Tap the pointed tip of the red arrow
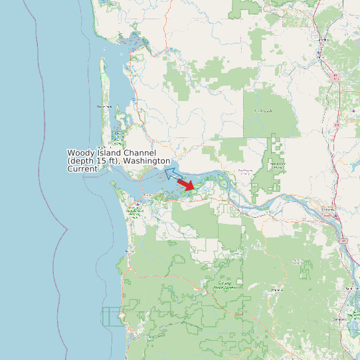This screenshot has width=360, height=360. click(x=195, y=189)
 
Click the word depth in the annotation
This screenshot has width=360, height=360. click(x=84, y=161)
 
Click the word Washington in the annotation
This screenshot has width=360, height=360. click(x=147, y=161)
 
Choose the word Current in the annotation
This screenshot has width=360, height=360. click(x=82, y=169)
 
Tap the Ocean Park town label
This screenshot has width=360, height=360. click(x=104, y=106)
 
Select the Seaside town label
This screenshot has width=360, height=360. click(x=130, y=251)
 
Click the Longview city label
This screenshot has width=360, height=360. click(x=327, y=209)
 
